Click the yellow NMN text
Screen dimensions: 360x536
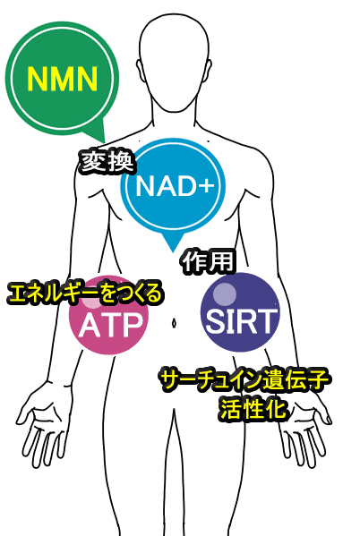63,78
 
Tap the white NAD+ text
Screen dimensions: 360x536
175,185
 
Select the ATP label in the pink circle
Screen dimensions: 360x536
110,325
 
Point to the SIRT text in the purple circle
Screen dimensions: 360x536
241,321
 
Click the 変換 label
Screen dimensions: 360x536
107,162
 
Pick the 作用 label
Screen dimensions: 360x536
208,262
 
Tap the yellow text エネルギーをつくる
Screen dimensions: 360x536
84,294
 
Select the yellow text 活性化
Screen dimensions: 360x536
253,409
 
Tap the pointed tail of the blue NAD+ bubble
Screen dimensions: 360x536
173,249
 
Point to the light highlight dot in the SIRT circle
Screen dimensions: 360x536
225,294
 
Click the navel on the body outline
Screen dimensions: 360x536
174,323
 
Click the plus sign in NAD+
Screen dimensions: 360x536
206,186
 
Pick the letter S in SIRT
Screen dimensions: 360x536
215,321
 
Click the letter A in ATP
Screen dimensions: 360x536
89,325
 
